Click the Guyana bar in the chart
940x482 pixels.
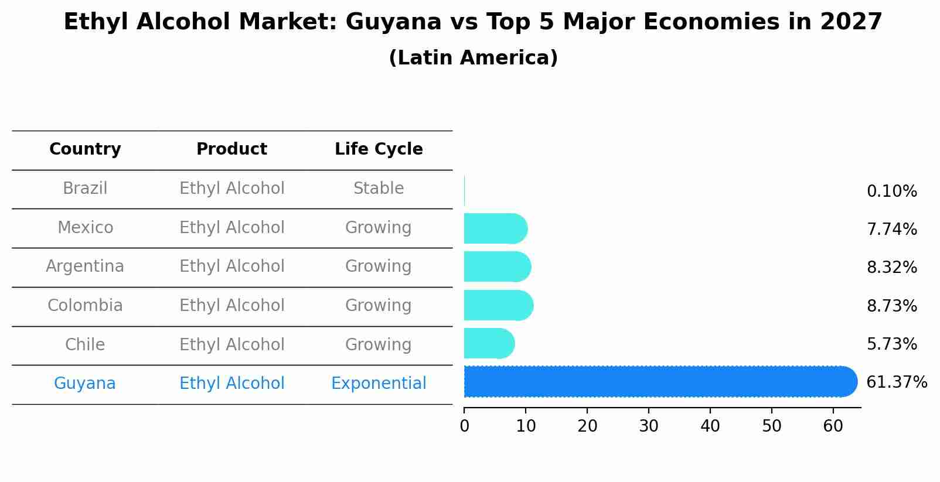(659, 382)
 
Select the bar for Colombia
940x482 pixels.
(498, 305)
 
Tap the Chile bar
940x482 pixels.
(489, 343)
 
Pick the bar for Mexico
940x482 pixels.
(495, 228)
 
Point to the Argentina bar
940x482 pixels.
(496, 266)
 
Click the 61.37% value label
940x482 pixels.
(896, 382)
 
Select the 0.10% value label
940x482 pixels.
(891, 192)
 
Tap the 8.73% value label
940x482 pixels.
(891, 306)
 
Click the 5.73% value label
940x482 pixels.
(891, 344)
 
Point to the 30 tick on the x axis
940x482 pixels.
(649, 426)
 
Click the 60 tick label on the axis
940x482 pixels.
(833, 426)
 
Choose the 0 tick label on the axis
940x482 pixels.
(465, 426)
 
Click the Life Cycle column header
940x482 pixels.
(379, 149)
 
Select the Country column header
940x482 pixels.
(85, 149)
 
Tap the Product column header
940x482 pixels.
(231, 149)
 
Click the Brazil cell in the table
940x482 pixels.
(85, 189)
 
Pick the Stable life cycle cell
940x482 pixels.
(379, 189)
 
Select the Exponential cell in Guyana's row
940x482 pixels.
(379, 384)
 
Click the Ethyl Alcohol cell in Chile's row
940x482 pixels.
(231, 344)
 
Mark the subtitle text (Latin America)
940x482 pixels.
(473, 58)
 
